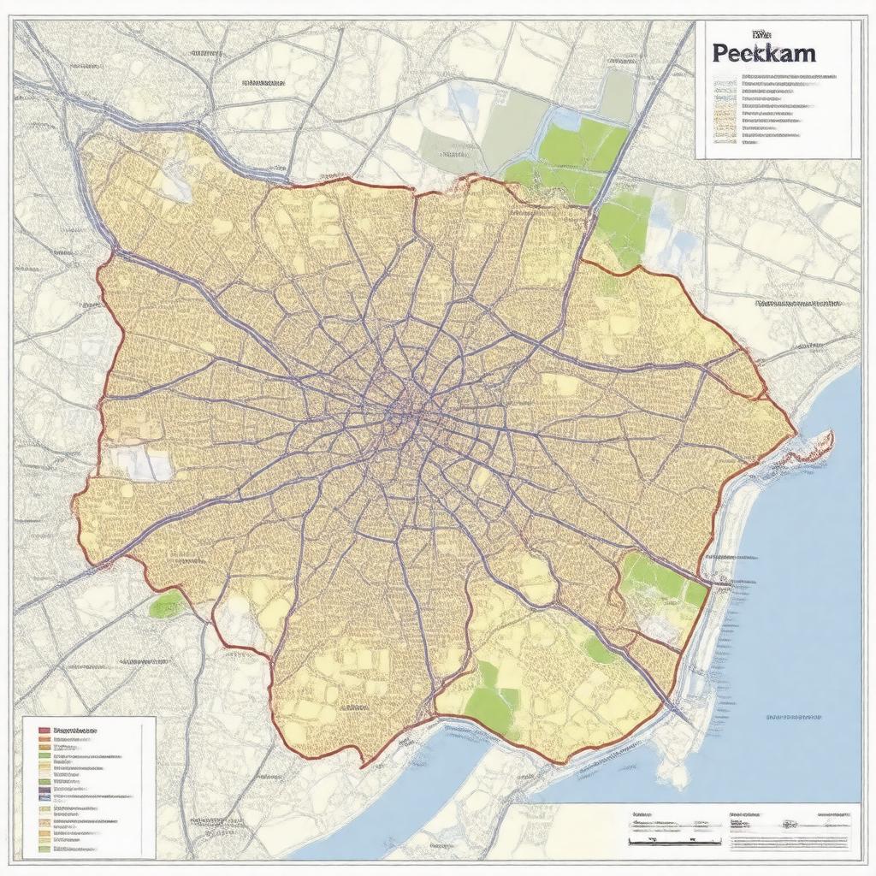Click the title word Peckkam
pyautogui.click(x=763, y=52)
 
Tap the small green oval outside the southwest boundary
pyautogui.click(x=166, y=605)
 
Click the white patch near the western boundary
pyautogui.click(x=142, y=463)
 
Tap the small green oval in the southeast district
pyautogui.click(x=598, y=650)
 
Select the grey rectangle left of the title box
pyautogui.click(x=617, y=94)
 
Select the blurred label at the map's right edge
pyautogui.click(x=799, y=303)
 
